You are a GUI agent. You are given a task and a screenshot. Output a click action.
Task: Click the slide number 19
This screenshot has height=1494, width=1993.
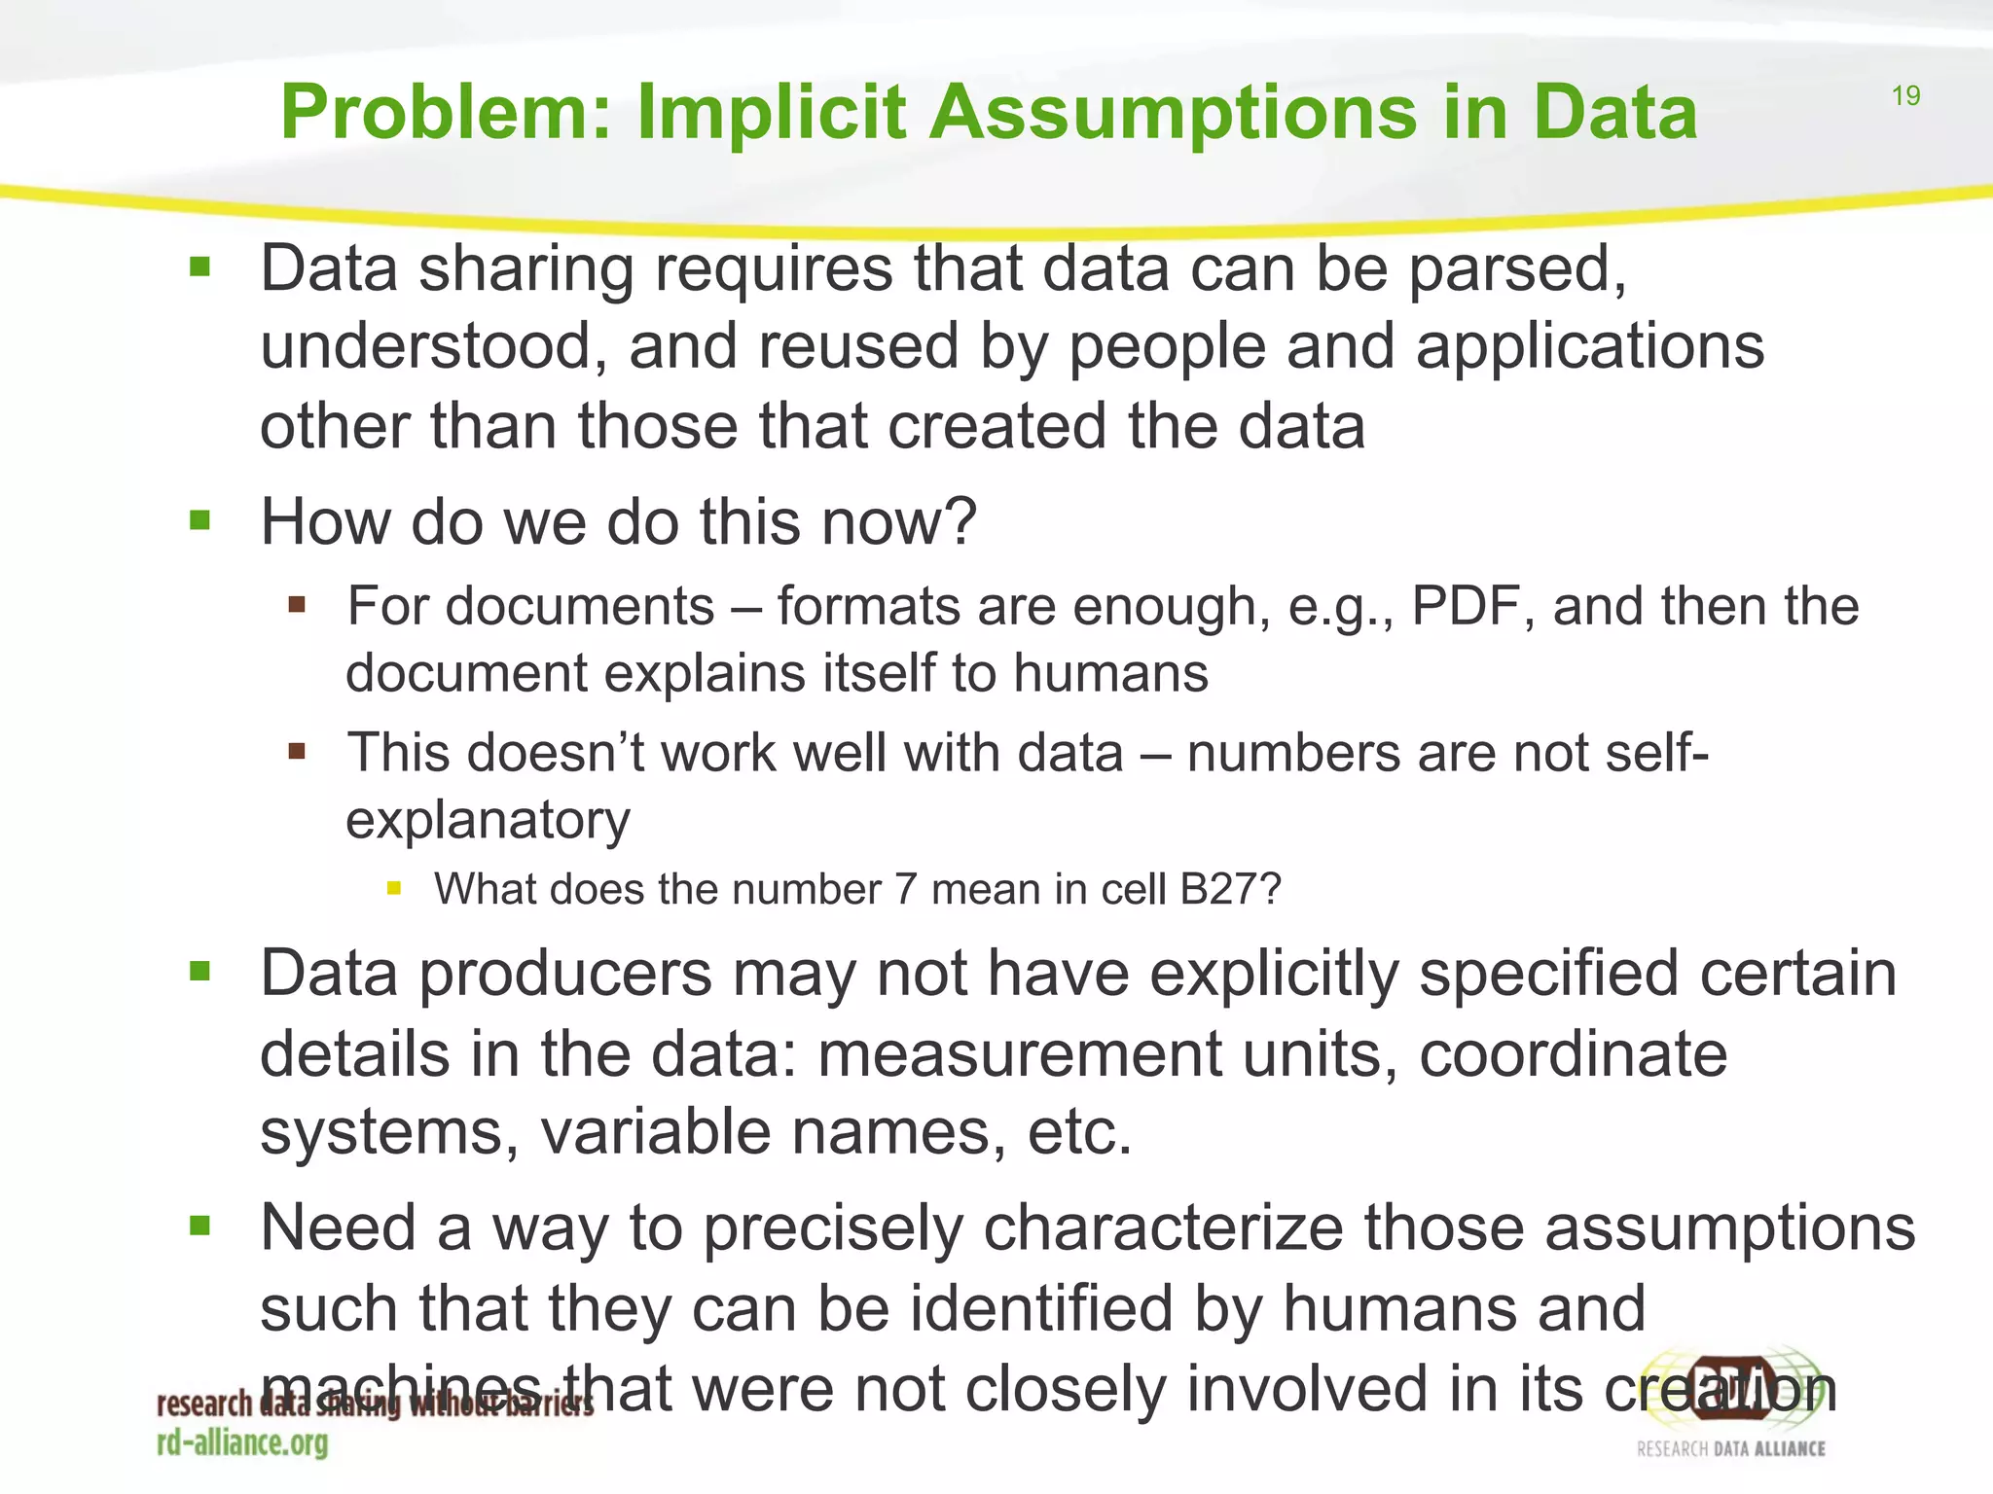click(x=1905, y=95)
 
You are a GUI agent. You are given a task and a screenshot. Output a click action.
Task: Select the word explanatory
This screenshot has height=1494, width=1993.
click(x=488, y=820)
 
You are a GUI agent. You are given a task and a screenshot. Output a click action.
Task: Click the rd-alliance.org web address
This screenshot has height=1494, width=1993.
click(x=242, y=1442)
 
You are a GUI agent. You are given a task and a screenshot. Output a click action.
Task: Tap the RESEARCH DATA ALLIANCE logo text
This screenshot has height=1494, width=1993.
click(x=1730, y=1449)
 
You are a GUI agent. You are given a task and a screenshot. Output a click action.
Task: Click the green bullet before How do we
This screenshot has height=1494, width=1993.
click(x=200, y=520)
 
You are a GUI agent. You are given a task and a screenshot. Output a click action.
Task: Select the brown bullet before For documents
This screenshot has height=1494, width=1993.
click(x=297, y=605)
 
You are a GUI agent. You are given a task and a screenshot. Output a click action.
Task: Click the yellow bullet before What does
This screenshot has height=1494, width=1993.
click(x=393, y=887)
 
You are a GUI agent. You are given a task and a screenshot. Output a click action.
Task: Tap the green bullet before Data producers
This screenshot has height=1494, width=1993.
click(x=200, y=971)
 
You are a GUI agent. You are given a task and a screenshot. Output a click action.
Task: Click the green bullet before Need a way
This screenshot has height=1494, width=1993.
click(x=200, y=1225)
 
